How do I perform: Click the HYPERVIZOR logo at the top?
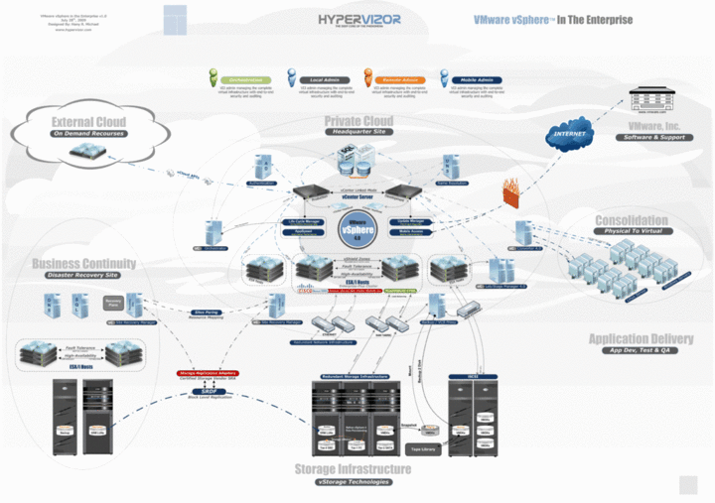coord(359,19)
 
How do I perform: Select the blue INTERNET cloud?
coord(570,133)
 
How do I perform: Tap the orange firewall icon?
coord(512,189)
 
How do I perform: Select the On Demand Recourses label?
coord(87,133)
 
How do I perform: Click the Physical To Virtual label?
coord(631,230)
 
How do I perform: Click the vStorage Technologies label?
coord(353,481)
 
